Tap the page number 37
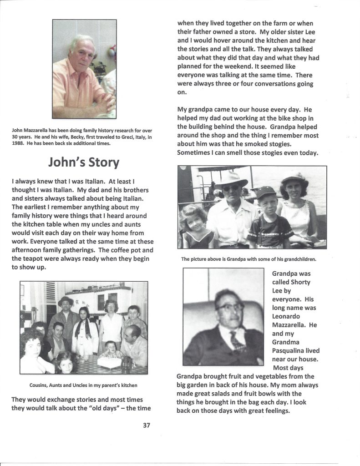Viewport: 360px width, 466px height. [x=146, y=425]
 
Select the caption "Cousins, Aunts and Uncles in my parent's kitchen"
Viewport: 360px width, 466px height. [x=83, y=385]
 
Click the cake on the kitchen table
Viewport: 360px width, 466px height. [x=110, y=362]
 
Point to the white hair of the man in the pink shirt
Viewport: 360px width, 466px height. [x=81, y=41]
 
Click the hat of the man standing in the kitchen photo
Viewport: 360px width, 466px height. [x=66, y=301]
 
